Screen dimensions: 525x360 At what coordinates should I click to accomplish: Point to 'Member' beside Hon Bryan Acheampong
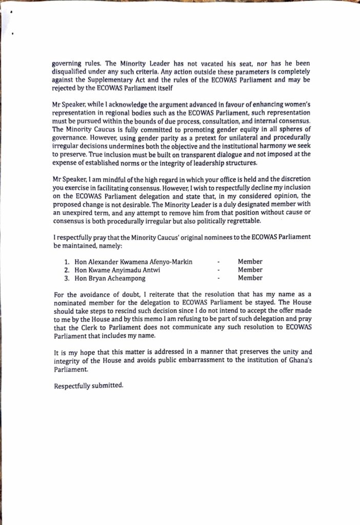(250, 278)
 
